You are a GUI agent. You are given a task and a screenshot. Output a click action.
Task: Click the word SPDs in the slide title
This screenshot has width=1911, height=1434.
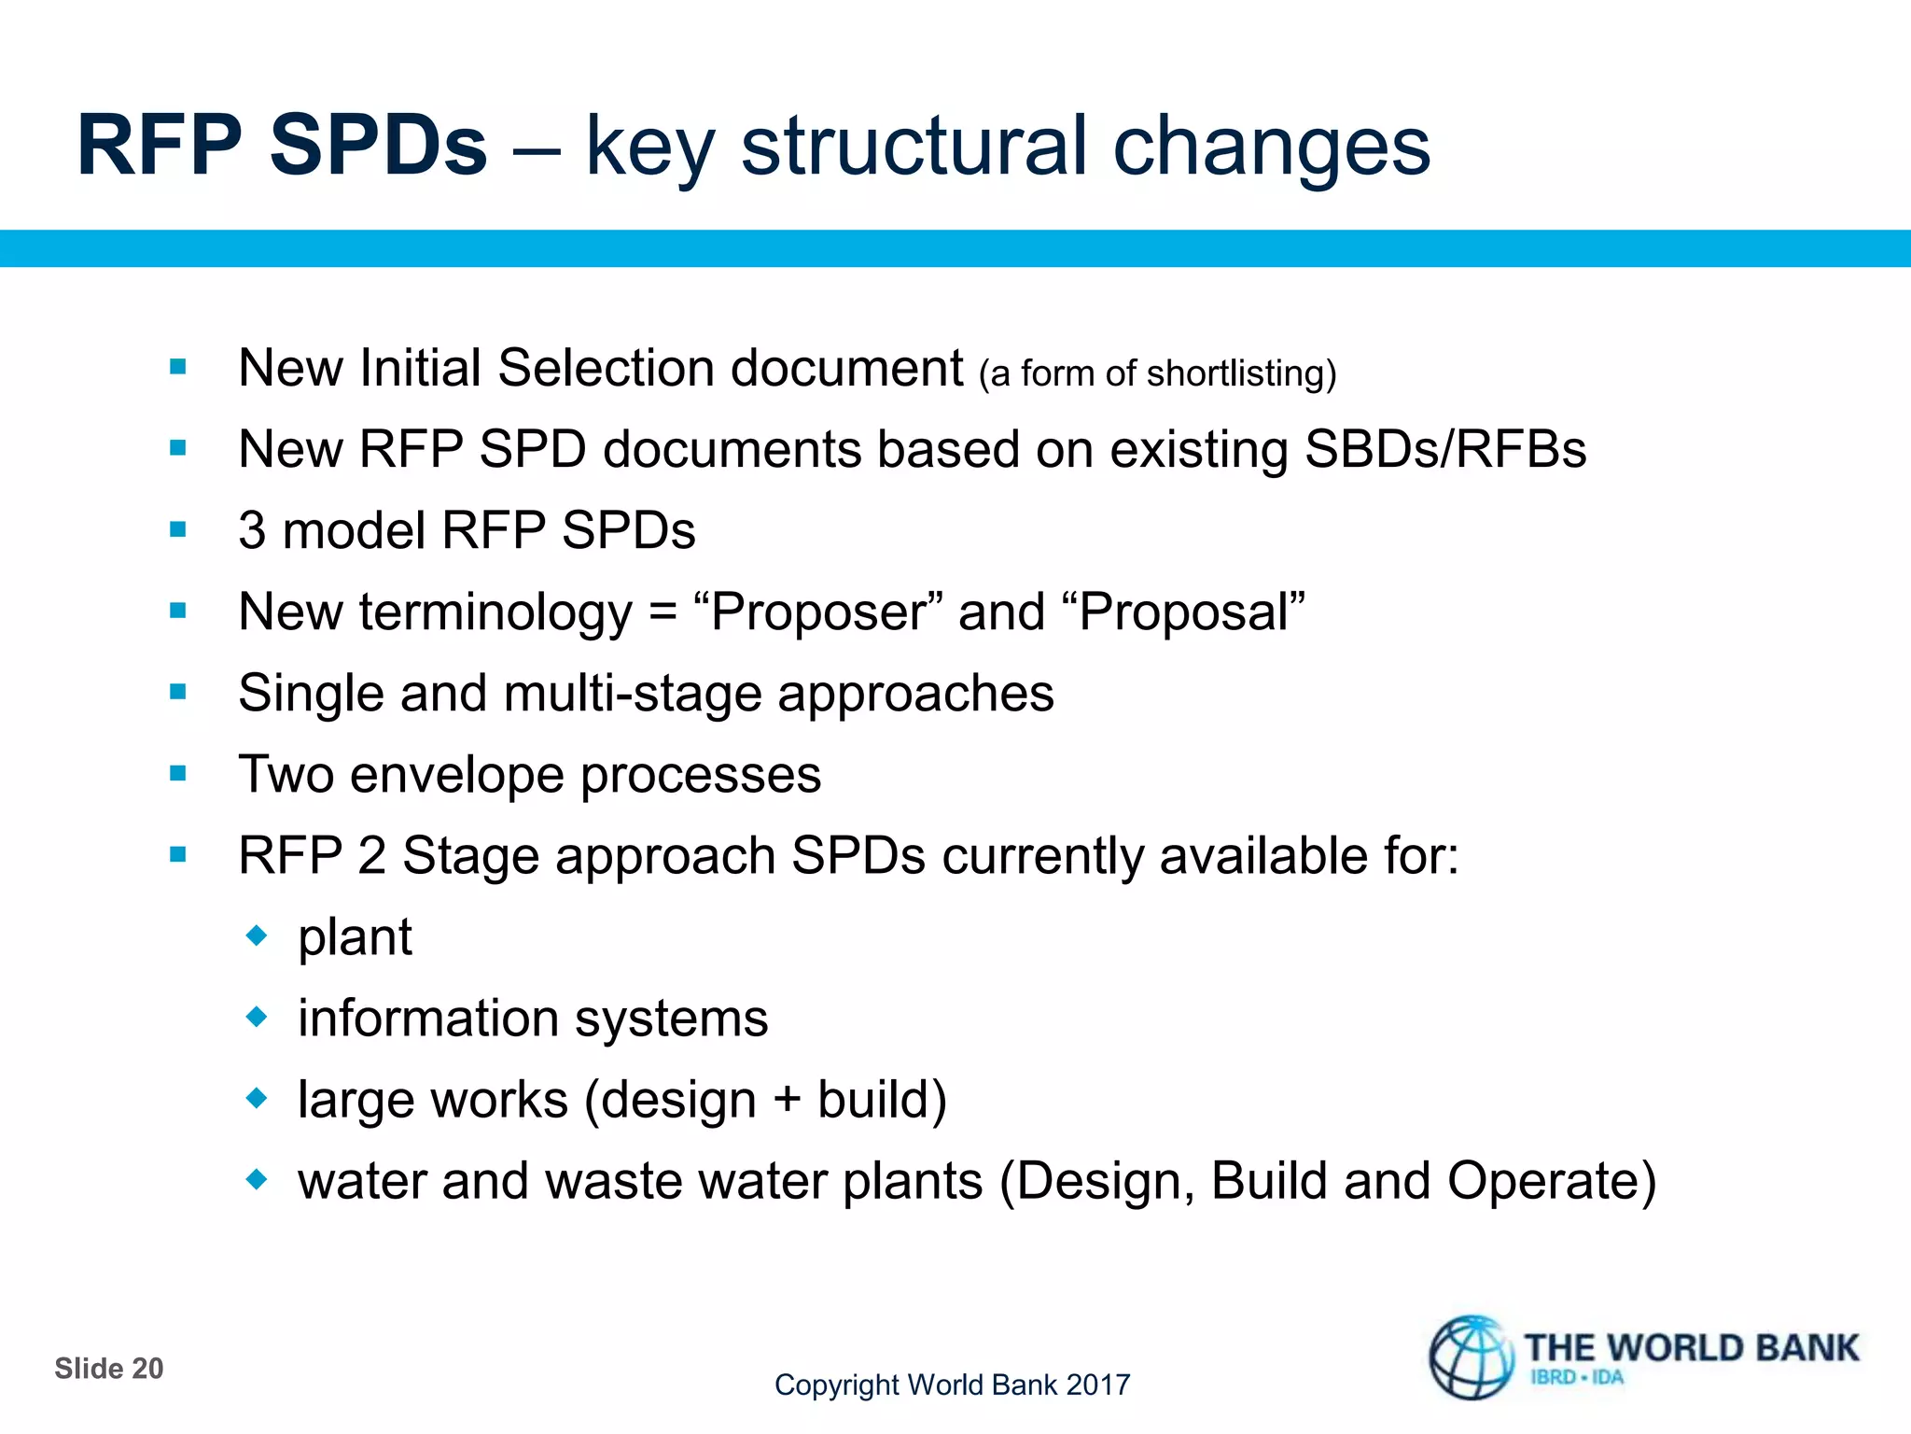tap(378, 146)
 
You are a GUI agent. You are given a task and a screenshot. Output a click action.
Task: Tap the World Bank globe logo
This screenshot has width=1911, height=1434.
tap(1471, 1357)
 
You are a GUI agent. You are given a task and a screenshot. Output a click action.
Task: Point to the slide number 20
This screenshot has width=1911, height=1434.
tap(147, 1369)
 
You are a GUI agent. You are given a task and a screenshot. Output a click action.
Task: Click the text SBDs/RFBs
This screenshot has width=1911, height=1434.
tap(1445, 449)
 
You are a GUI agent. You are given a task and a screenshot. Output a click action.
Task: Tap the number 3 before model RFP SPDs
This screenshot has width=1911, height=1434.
tap(252, 530)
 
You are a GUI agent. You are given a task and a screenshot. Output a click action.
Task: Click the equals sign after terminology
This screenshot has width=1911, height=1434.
tap(663, 612)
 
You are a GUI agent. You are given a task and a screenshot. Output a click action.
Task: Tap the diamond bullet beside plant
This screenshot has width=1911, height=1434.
tap(257, 935)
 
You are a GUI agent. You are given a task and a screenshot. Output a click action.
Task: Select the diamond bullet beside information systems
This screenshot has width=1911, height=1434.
tap(257, 1016)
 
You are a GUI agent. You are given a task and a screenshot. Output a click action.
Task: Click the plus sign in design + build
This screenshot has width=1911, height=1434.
tap(787, 1099)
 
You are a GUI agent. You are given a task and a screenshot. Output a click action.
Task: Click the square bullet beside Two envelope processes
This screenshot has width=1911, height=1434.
tap(178, 773)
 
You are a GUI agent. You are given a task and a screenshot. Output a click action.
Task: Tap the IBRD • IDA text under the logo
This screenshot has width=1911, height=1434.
tap(1576, 1377)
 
